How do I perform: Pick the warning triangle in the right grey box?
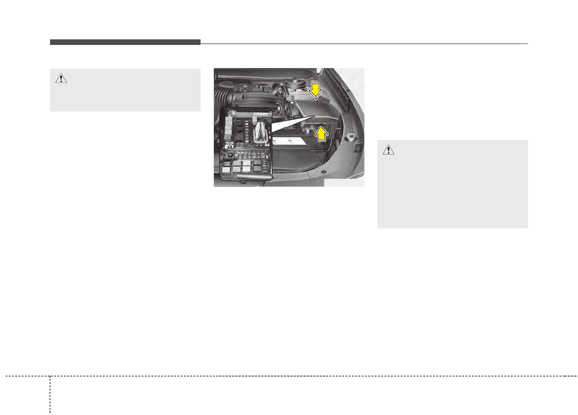389,150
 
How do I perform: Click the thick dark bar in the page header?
125,42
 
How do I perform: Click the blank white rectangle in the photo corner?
344,182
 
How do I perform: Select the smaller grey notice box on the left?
125,90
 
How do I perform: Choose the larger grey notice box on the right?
452,184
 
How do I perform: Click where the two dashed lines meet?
50,375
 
